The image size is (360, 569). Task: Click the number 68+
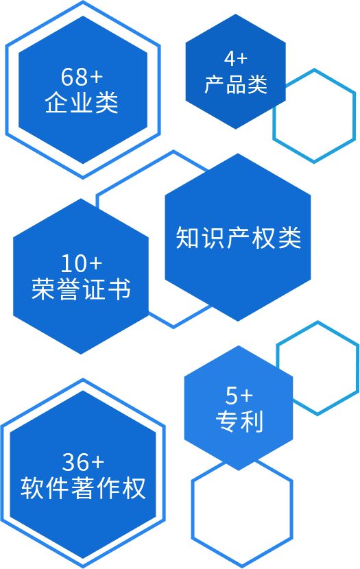(82, 77)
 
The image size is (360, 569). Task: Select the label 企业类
(82, 102)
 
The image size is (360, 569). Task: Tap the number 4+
(235, 58)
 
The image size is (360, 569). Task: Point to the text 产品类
(235, 84)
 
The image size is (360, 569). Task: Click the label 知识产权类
(239, 238)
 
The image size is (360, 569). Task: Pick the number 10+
(82, 263)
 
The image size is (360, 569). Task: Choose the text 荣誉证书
(81, 289)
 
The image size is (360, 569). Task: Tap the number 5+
(239, 395)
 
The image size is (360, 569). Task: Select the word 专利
(239, 422)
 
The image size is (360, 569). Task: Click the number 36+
(83, 461)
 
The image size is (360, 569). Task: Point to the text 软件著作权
(83, 488)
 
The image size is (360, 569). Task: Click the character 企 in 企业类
(57, 102)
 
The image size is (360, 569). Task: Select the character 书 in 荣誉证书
(119, 289)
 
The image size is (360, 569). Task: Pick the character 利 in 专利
(252, 422)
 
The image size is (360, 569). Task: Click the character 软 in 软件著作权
(32, 488)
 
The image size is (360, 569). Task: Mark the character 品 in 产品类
(236, 84)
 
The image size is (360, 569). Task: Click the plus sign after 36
(98, 462)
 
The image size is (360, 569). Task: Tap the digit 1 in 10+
(67, 263)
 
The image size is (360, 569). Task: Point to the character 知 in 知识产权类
(187, 238)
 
